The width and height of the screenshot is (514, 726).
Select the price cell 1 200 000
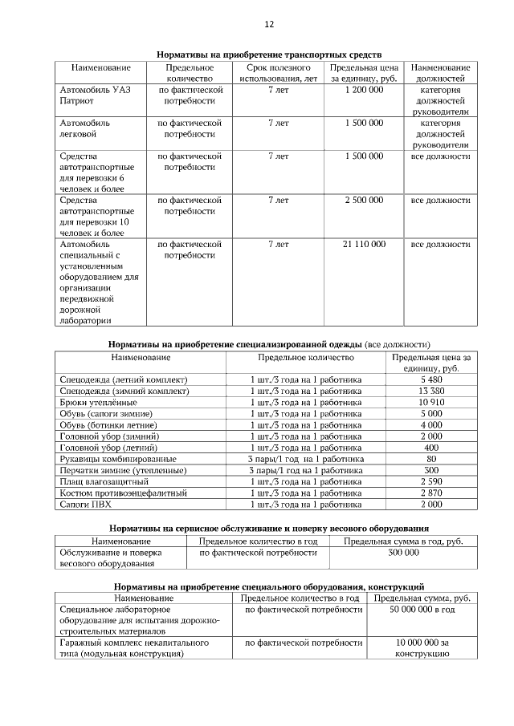click(364, 91)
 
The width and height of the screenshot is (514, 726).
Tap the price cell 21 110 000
click(364, 244)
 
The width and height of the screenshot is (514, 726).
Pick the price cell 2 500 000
click(364, 200)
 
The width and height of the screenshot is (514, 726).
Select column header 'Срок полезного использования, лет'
click(278, 74)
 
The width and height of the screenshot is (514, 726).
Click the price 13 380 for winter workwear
click(431, 391)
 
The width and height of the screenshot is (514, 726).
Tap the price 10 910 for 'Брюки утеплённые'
click(431, 402)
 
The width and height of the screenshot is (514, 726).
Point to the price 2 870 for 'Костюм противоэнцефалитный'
click(431, 493)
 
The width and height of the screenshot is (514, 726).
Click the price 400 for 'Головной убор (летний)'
click(431, 447)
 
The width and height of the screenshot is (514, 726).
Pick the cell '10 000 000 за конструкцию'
click(422, 648)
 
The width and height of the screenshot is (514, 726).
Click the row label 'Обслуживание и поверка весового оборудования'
click(112, 558)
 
